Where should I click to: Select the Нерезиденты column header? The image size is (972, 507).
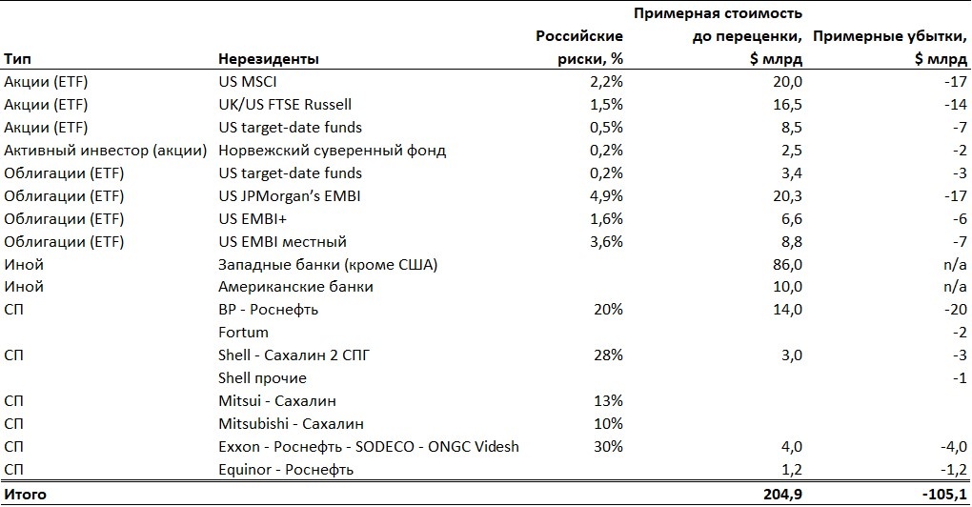click(x=269, y=59)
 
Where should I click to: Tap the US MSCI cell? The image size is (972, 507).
click(x=249, y=82)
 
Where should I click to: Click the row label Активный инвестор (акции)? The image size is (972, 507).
click(x=106, y=151)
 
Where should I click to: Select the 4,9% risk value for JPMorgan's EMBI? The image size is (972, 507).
click(x=606, y=196)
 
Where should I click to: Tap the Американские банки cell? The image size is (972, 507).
click(x=295, y=287)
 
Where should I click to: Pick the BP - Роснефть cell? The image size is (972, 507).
click(x=269, y=310)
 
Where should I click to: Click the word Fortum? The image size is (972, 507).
click(x=243, y=333)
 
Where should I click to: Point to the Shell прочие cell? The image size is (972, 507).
click(x=263, y=378)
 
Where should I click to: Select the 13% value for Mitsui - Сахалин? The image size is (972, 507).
click(x=609, y=401)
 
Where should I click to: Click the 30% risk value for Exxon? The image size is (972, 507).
click(x=608, y=446)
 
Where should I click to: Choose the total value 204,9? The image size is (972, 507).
click(x=782, y=494)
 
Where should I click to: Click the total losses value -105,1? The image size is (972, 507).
click(x=942, y=494)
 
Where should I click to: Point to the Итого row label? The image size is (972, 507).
click(x=25, y=494)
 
